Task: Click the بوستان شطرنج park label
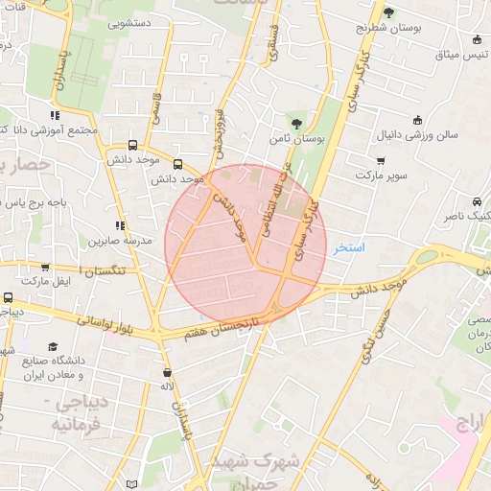coord(388,28)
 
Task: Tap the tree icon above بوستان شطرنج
coord(388,12)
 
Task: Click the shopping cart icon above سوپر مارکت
coord(382,160)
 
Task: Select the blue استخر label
coord(349,247)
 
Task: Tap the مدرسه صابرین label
coord(114,242)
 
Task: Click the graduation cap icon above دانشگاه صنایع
coord(54,345)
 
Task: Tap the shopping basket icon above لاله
coord(169,372)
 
